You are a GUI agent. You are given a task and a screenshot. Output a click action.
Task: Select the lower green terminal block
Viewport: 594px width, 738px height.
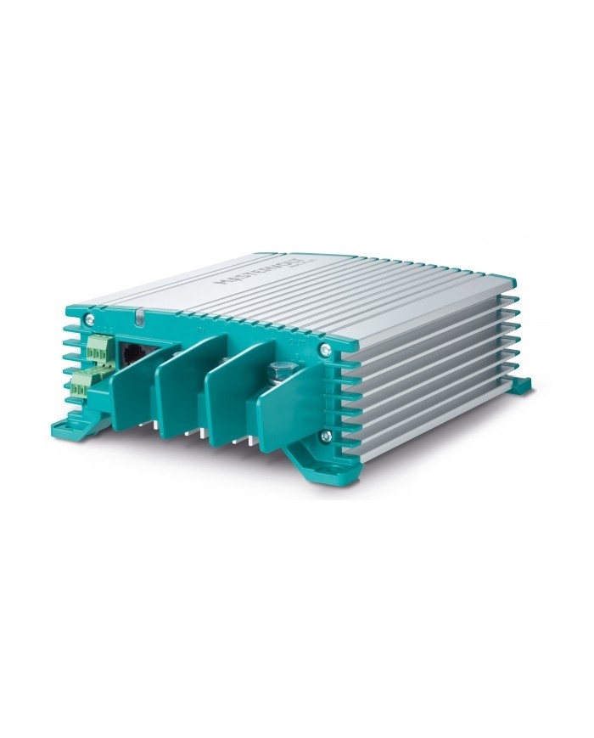[81, 387]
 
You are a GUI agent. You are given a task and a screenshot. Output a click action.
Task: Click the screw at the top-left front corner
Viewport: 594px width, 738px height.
[89, 319]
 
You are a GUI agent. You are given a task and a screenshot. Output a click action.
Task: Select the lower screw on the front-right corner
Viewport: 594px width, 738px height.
[325, 436]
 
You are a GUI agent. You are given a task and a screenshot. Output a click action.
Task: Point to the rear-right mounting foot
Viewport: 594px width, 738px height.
[517, 386]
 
